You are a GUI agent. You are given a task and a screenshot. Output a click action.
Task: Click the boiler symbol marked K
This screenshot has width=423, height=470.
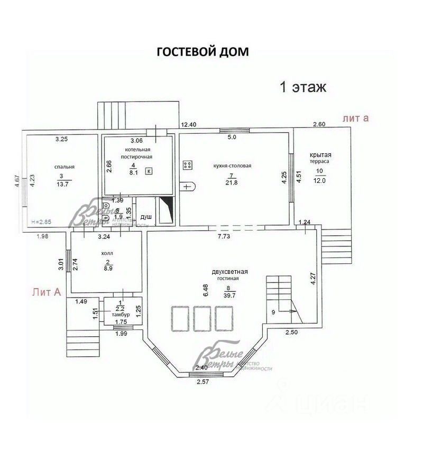(149, 171)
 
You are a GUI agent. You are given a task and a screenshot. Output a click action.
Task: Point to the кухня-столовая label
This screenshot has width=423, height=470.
(233, 165)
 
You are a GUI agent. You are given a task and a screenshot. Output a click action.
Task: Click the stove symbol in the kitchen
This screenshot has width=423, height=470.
(187, 164)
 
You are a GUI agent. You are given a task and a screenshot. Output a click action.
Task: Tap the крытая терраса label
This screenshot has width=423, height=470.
(320, 158)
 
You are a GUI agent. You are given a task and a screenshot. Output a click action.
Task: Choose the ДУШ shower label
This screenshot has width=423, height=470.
(145, 217)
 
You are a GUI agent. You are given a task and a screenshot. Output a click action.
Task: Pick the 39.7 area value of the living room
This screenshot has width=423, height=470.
(229, 295)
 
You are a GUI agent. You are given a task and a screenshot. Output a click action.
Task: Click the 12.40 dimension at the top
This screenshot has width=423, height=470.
(189, 125)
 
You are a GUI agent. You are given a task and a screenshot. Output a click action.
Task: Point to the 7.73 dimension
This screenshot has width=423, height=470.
(224, 236)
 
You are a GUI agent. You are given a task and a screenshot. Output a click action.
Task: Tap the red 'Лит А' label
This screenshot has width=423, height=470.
(46, 291)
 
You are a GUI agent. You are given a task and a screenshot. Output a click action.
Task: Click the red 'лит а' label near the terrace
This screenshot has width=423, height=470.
(355, 118)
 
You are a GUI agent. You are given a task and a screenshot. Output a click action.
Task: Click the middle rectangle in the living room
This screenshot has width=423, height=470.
(200, 318)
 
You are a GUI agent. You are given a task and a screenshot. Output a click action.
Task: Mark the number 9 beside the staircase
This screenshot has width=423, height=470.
(273, 312)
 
